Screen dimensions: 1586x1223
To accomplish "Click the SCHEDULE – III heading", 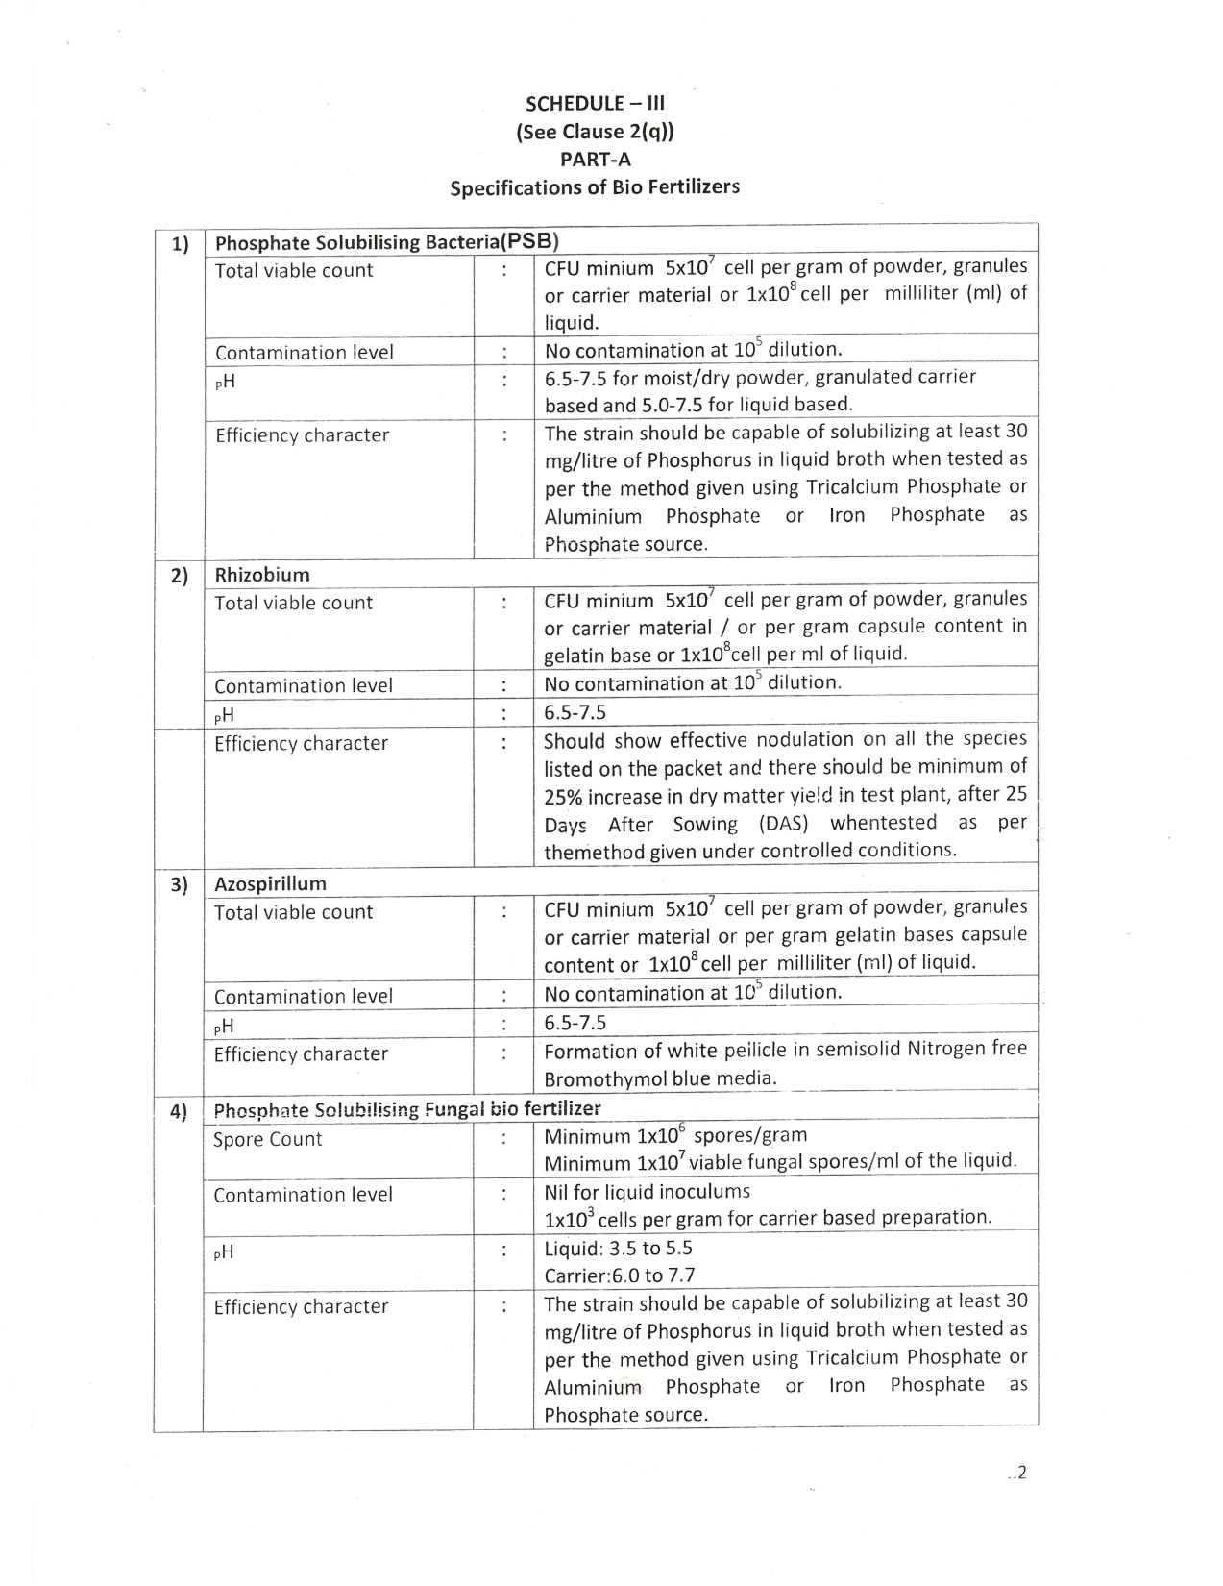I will [x=595, y=104].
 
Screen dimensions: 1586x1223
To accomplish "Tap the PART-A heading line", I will [x=595, y=160].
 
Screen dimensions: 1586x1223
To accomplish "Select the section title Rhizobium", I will [x=262, y=575].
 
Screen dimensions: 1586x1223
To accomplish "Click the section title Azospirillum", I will [x=270, y=883].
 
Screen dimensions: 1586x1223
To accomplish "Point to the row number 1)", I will [x=180, y=243].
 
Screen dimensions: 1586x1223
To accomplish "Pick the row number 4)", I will [x=179, y=1111].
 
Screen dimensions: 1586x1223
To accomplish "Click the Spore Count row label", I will [x=267, y=1139].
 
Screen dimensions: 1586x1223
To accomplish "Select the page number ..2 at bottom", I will [x=1017, y=1472].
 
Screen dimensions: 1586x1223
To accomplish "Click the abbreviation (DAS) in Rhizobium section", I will [x=784, y=824].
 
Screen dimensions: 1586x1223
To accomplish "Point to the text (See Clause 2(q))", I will [x=595, y=132].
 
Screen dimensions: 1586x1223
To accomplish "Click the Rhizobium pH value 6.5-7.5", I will [x=575, y=712].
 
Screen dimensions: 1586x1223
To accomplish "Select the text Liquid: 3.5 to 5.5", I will [x=618, y=1249].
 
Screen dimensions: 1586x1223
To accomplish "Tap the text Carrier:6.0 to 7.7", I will [x=619, y=1276].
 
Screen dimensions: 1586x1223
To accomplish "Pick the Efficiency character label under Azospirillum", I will [x=301, y=1053].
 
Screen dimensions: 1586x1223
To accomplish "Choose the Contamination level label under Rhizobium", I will [x=304, y=685].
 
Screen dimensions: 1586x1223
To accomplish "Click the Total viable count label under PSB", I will [x=293, y=270].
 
